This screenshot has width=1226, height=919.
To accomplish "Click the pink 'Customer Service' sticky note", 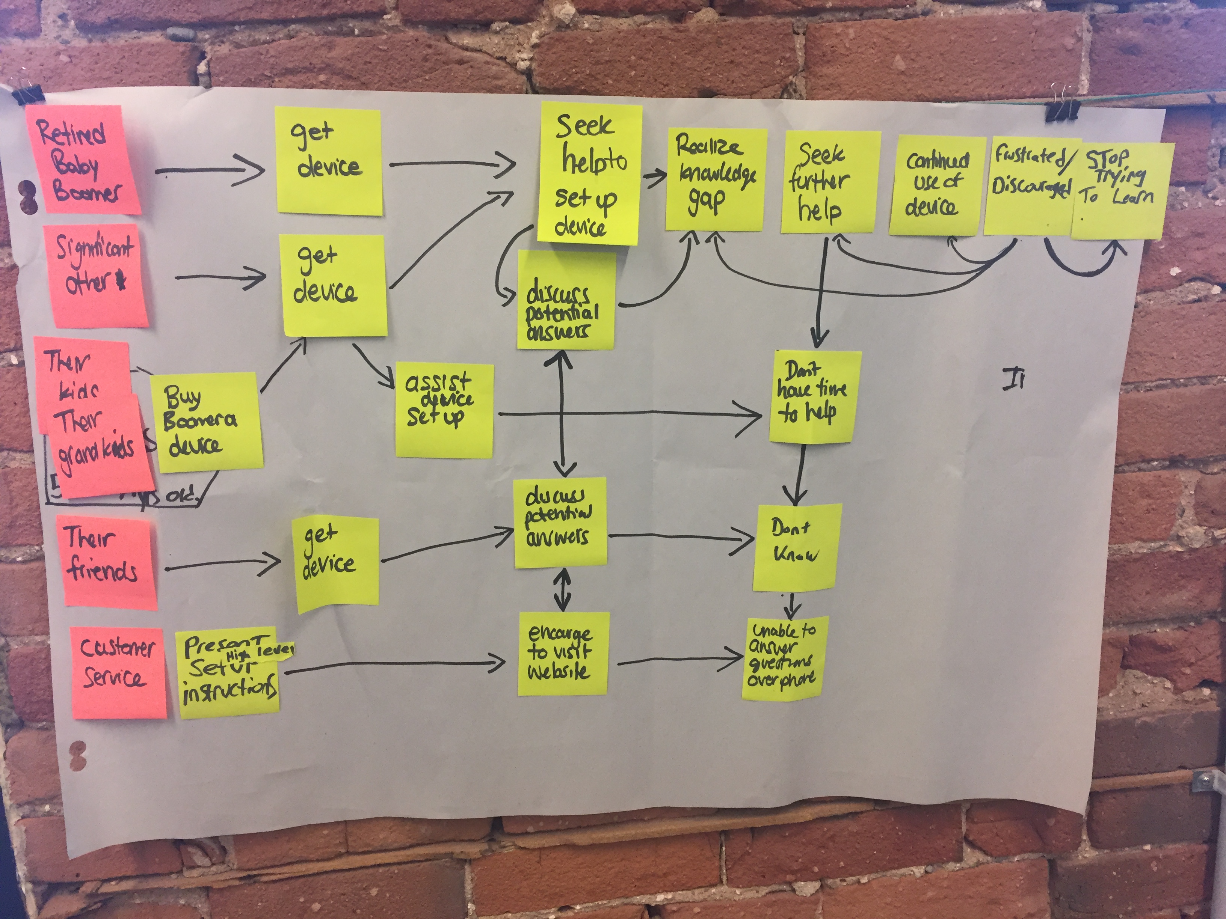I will [118, 671].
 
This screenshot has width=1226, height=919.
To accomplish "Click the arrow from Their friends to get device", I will [222, 565].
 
